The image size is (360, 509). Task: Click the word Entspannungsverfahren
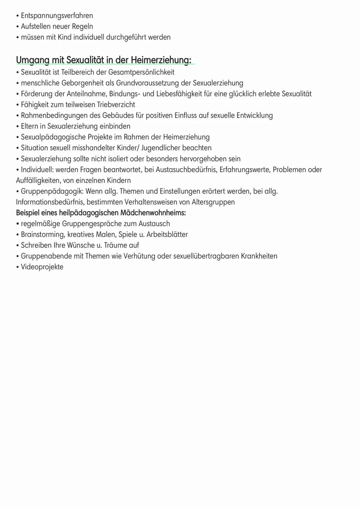point(57,16)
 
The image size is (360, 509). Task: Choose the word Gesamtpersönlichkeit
point(141,72)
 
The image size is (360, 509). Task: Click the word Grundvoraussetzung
point(147,83)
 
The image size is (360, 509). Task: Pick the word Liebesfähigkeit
point(179,94)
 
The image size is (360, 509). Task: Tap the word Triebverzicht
point(116,104)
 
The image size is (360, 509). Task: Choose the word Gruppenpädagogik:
point(52,191)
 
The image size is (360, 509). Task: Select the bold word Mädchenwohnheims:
point(153,213)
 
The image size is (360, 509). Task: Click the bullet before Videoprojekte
point(18,267)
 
